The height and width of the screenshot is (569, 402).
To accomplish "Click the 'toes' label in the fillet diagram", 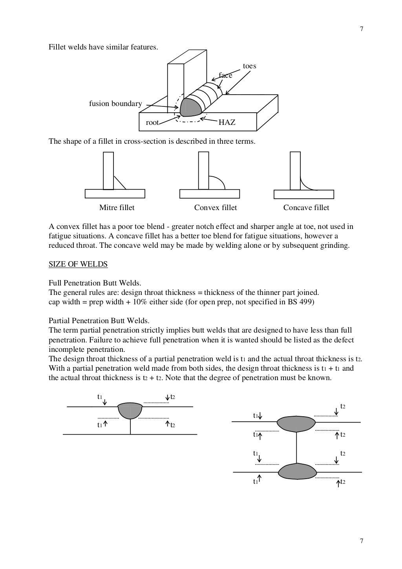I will [249, 66].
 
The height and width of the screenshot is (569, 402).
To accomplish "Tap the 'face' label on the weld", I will [225, 75].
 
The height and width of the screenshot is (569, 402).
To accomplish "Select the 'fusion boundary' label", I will [115, 104].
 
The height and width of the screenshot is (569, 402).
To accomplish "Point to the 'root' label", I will [152, 123].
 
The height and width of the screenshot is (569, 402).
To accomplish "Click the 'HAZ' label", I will [227, 123].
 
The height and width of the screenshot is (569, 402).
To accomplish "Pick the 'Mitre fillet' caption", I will [117, 207].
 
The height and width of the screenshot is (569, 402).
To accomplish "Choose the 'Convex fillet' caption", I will [216, 207].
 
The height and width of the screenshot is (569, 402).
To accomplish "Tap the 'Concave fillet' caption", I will [306, 207].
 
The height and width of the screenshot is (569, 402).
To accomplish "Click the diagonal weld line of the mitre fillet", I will [120, 183].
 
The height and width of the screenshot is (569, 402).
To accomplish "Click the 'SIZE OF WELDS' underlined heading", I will [78, 264].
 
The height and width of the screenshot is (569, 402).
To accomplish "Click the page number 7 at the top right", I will [361, 29].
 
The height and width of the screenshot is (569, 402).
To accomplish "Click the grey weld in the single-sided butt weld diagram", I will [130, 410].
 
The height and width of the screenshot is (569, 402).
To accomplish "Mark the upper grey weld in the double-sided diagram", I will [296, 423].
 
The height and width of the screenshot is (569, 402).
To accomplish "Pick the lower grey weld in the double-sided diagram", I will [297, 471].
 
